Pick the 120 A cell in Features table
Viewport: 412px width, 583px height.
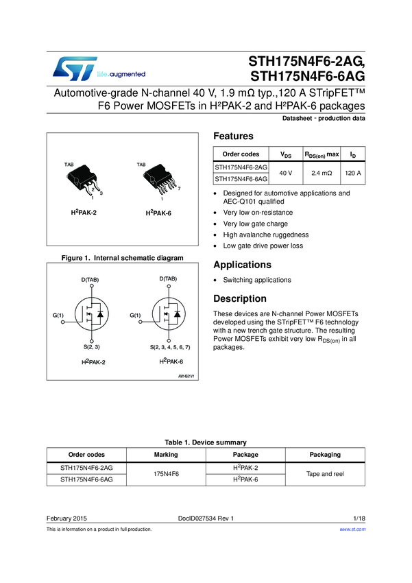[x=353, y=174]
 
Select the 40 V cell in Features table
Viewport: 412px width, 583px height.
[x=287, y=174]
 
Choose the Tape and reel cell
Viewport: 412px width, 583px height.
[x=325, y=474]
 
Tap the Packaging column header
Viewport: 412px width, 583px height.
[x=325, y=455]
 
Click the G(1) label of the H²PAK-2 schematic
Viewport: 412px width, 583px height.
[x=58, y=315]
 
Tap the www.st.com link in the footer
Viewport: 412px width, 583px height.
[x=352, y=530]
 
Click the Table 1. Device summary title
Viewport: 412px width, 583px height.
[x=206, y=442]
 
